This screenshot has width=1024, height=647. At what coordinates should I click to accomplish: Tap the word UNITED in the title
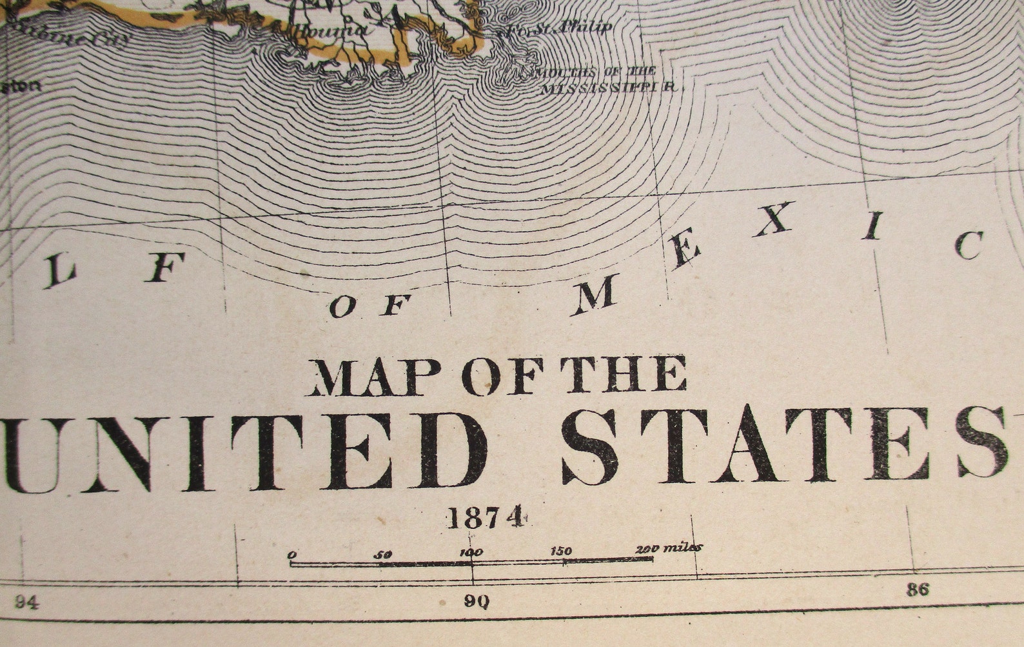click(x=245, y=452)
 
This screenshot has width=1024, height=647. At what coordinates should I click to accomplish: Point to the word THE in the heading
click(x=622, y=374)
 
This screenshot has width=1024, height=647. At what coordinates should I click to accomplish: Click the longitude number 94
click(x=26, y=602)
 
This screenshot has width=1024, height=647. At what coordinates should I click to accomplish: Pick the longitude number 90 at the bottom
click(x=477, y=602)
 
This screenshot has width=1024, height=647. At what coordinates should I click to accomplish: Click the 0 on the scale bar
click(x=292, y=555)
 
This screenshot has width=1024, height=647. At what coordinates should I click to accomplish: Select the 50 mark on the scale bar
click(x=382, y=554)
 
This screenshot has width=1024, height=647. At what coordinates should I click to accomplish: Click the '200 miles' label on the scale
click(x=669, y=548)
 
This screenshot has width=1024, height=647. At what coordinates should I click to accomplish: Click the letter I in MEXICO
click(x=873, y=226)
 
